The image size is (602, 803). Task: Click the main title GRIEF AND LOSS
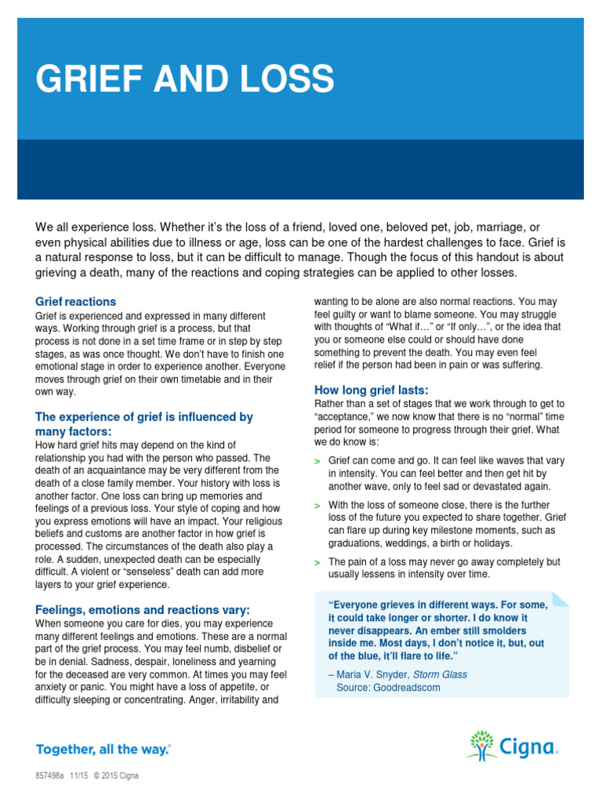(185, 78)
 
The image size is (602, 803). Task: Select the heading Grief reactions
(75, 301)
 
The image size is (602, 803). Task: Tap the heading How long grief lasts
(371, 390)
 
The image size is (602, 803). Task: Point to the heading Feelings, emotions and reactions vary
(143, 609)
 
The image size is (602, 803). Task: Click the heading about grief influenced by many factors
(143, 424)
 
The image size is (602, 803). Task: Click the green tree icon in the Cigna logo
(482, 744)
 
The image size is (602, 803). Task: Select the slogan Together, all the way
(103, 749)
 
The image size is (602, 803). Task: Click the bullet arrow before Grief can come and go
(317, 462)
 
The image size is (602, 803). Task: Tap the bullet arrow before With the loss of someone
(317, 506)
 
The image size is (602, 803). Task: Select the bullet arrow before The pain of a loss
(317, 562)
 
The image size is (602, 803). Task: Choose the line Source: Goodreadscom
(388, 688)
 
